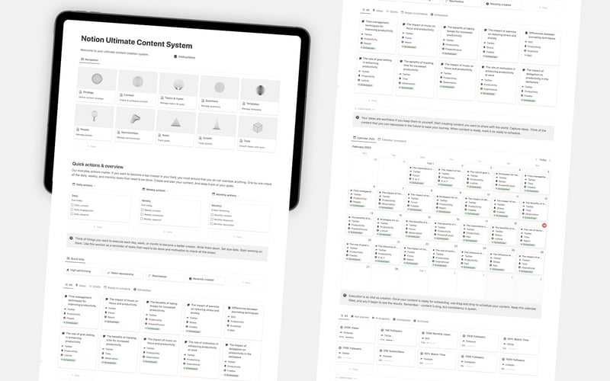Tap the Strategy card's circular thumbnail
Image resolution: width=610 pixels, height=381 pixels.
coord(96,78)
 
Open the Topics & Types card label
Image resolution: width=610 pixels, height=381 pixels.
coord(175,98)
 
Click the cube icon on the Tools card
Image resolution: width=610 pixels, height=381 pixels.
coord(258,126)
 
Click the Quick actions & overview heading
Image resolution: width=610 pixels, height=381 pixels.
coord(108,164)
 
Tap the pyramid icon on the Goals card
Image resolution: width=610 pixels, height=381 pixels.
coord(175,122)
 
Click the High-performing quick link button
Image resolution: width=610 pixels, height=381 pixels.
coord(86,271)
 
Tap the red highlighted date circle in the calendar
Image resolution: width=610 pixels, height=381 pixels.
coord(543,226)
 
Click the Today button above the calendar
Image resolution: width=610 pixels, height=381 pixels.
coord(542,160)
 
